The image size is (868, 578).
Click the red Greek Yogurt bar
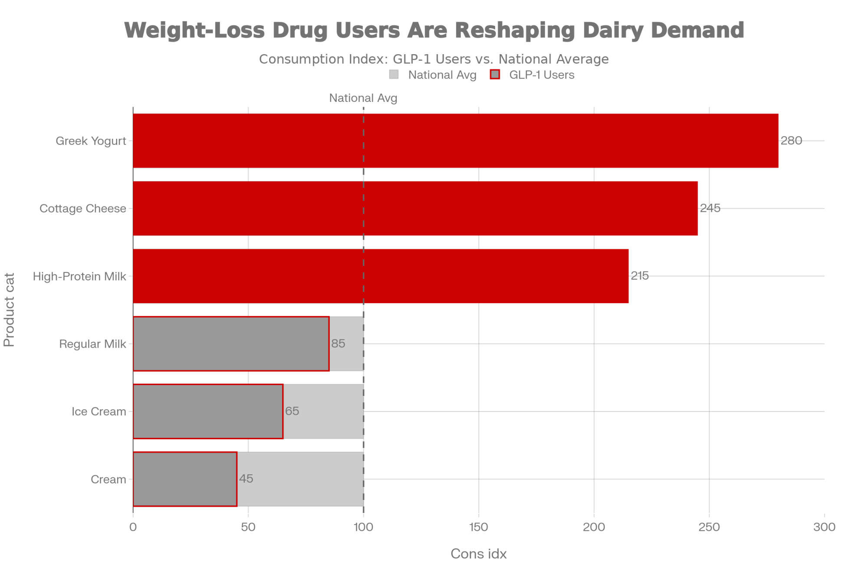click(x=456, y=140)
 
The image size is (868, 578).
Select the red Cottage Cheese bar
click(x=415, y=209)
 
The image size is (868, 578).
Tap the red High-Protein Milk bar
click(x=381, y=276)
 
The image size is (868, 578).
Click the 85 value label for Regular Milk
click(x=338, y=344)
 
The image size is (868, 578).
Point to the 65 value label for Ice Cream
click(x=292, y=411)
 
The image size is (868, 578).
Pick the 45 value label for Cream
click(x=246, y=479)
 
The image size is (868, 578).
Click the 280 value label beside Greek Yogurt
click(x=791, y=141)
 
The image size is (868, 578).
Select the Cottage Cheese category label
click(x=83, y=209)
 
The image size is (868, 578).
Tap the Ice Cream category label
click(x=99, y=411)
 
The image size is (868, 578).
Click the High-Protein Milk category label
click(x=79, y=276)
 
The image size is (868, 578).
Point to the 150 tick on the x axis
click(x=479, y=527)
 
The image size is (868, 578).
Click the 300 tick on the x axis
click(x=824, y=527)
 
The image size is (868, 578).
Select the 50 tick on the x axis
click(x=248, y=527)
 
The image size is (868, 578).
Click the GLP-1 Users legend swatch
click(x=495, y=75)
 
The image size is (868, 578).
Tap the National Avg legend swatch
click(x=394, y=75)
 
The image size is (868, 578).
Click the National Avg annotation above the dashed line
click(x=363, y=98)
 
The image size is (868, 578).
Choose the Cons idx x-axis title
click(x=478, y=554)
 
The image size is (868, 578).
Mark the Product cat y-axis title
click(x=9, y=310)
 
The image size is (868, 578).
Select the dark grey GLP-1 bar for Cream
click(x=185, y=479)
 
